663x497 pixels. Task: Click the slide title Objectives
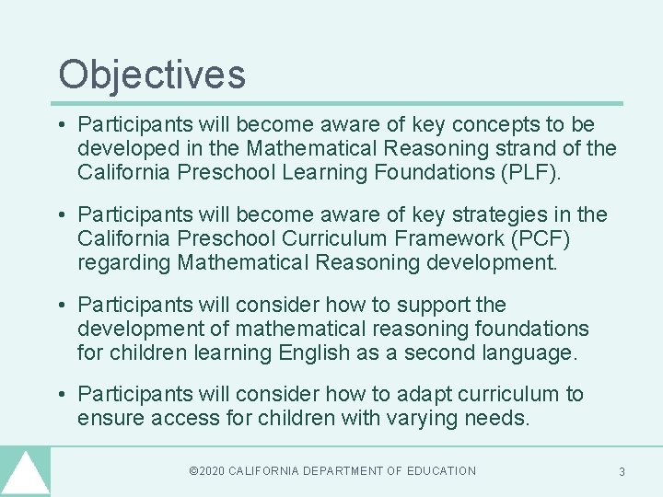click(152, 74)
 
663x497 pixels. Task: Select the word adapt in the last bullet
click(421, 394)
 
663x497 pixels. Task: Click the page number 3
click(622, 471)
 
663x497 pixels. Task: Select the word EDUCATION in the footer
click(441, 471)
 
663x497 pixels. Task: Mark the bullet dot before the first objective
click(61, 125)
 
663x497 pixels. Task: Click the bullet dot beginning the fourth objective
click(61, 395)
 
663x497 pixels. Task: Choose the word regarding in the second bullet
click(124, 262)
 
